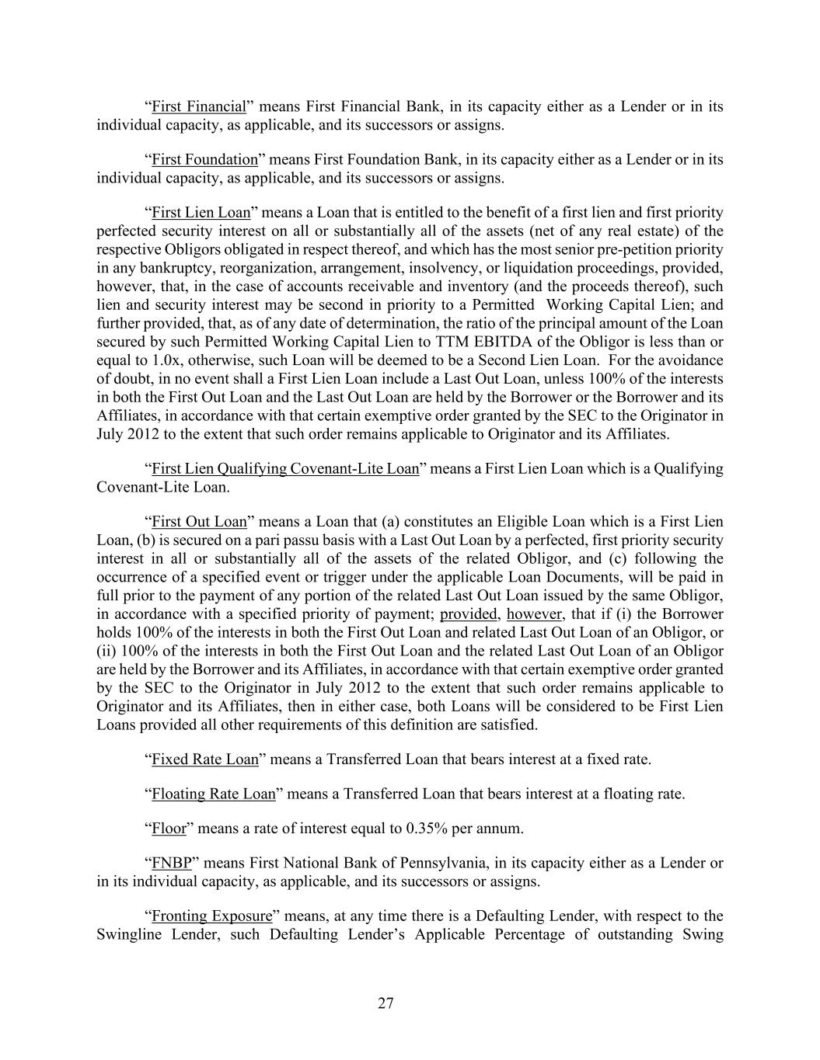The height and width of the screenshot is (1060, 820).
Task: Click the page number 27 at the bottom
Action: (x=386, y=1003)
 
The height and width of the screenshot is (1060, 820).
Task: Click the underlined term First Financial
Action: (x=198, y=106)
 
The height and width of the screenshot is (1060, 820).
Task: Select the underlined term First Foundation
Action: (x=204, y=159)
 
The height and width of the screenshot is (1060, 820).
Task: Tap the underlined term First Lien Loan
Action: (x=201, y=213)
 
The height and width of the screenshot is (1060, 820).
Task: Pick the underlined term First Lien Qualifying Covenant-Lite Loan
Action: (x=284, y=469)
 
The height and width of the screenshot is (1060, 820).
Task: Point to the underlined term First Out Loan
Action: (x=198, y=522)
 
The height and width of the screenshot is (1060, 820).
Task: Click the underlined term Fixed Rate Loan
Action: (x=204, y=759)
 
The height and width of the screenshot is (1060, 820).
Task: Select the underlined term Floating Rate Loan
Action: (x=213, y=794)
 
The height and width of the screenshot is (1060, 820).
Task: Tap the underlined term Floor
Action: (x=169, y=829)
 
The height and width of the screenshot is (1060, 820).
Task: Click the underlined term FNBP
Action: (x=171, y=863)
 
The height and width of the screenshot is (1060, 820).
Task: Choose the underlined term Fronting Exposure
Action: (x=211, y=916)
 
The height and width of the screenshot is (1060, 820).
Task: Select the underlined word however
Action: (x=534, y=615)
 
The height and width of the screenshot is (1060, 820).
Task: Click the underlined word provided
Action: (x=469, y=615)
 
